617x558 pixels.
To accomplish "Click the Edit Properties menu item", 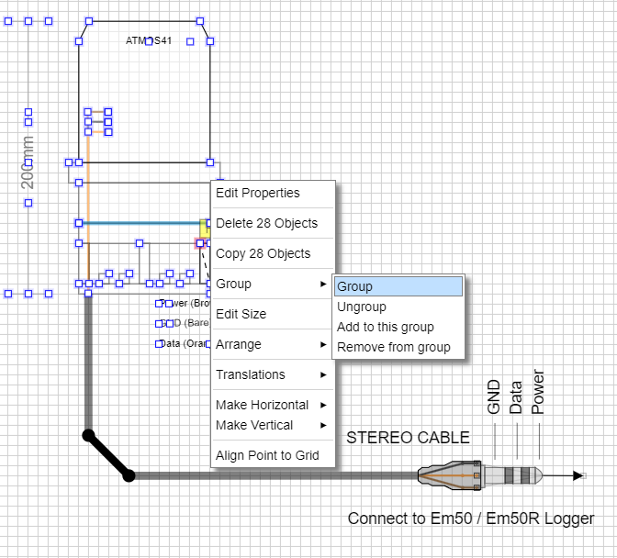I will pyautogui.click(x=258, y=193).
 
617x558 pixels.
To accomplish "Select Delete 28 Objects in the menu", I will pyautogui.click(x=266, y=223).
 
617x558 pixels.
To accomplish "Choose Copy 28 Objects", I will pyautogui.click(x=263, y=253).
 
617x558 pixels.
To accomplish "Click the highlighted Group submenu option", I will pyautogui.click(x=398, y=286).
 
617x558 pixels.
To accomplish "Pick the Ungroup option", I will pyautogui.click(x=362, y=307).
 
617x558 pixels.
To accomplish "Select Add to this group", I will pyautogui.click(x=386, y=327).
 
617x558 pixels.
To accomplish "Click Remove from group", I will pyautogui.click(x=394, y=347).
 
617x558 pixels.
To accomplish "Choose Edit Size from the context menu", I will pyautogui.click(x=241, y=314).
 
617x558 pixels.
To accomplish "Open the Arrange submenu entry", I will pyautogui.click(x=239, y=344).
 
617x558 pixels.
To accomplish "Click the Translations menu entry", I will pyautogui.click(x=251, y=374).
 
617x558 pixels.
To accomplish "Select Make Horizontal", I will pyautogui.click(x=262, y=405).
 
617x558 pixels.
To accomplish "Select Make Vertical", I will pyautogui.click(x=254, y=425).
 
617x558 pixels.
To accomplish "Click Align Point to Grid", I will pyautogui.click(x=267, y=455).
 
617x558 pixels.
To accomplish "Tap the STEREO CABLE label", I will pyautogui.click(x=408, y=438).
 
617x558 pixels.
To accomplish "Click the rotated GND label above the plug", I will pyautogui.click(x=494, y=396).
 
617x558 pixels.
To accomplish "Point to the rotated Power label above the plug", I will pyautogui.click(x=539, y=392).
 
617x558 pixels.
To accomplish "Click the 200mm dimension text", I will pyautogui.click(x=28, y=162).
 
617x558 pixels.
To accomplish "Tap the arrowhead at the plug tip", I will pyautogui.click(x=578, y=475).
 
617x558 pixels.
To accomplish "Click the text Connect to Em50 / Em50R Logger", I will pyautogui.click(x=470, y=519).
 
